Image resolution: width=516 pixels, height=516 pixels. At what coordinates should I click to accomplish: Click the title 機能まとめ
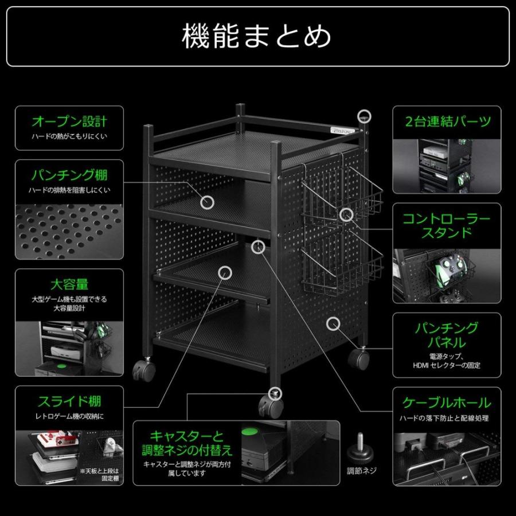pos(257,36)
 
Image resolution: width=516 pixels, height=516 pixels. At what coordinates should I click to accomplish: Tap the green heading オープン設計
pos(69,122)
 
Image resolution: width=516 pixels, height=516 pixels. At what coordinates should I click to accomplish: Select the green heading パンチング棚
pos(69,175)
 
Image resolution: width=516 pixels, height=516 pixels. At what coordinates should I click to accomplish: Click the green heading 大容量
pos(69,284)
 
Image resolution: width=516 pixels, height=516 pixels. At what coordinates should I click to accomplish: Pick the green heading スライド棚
pos(69,401)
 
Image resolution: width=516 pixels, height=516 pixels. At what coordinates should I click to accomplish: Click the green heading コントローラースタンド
pos(447,226)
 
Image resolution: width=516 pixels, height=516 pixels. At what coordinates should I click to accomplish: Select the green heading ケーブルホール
pos(447,402)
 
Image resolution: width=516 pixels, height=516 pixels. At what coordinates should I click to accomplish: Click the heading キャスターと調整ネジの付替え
pos(187,442)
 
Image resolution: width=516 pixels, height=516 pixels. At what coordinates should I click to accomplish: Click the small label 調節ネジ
pos(362,471)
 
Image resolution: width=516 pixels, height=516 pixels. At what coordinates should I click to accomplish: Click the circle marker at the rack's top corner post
pos(365,116)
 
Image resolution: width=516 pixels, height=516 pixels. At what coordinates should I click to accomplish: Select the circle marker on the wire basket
pos(345,215)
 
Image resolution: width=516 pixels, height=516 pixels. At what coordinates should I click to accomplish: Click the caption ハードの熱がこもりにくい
pos(69,137)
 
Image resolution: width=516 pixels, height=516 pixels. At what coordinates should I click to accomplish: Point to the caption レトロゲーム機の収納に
pos(69,416)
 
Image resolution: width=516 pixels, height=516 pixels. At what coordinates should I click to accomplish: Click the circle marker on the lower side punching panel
pos(333,323)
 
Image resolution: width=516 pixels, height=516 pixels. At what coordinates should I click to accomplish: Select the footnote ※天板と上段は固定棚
pos(102,474)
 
